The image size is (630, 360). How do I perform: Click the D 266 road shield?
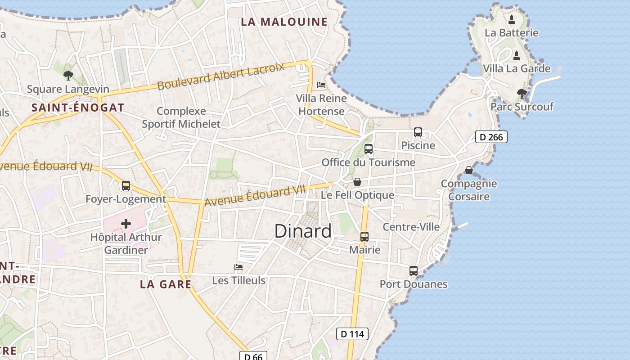(x=491, y=137)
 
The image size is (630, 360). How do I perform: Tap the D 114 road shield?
(x=352, y=334)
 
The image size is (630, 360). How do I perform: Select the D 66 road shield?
(x=253, y=356)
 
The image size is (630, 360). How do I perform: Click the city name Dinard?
(x=303, y=231)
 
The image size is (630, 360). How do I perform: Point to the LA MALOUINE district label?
(x=284, y=22)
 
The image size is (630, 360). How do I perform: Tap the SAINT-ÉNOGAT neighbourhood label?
(x=78, y=108)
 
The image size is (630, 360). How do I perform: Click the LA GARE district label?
(x=166, y=284)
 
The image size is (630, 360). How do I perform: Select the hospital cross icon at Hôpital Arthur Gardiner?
(x=126, y=223)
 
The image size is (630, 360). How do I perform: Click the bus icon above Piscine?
(x=418, y=132)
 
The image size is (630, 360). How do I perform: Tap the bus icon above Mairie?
(x=364, y=237)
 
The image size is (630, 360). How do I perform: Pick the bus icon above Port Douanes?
(x=414, y=271)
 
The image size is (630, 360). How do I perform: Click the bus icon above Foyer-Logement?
(x=126, y=185)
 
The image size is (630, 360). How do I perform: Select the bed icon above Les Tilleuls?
(x=238, y=267)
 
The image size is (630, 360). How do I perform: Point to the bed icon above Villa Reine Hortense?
(x=321, y=85)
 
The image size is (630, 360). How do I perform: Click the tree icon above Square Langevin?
(x=68, y=76)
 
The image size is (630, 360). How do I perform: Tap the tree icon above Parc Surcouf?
(x=522, y=94)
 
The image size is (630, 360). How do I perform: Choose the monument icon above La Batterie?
(x=512, y=20)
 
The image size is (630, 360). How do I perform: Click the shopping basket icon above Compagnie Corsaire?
(x=469, y=170)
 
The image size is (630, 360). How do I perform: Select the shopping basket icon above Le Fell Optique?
(x=357, y=182)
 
